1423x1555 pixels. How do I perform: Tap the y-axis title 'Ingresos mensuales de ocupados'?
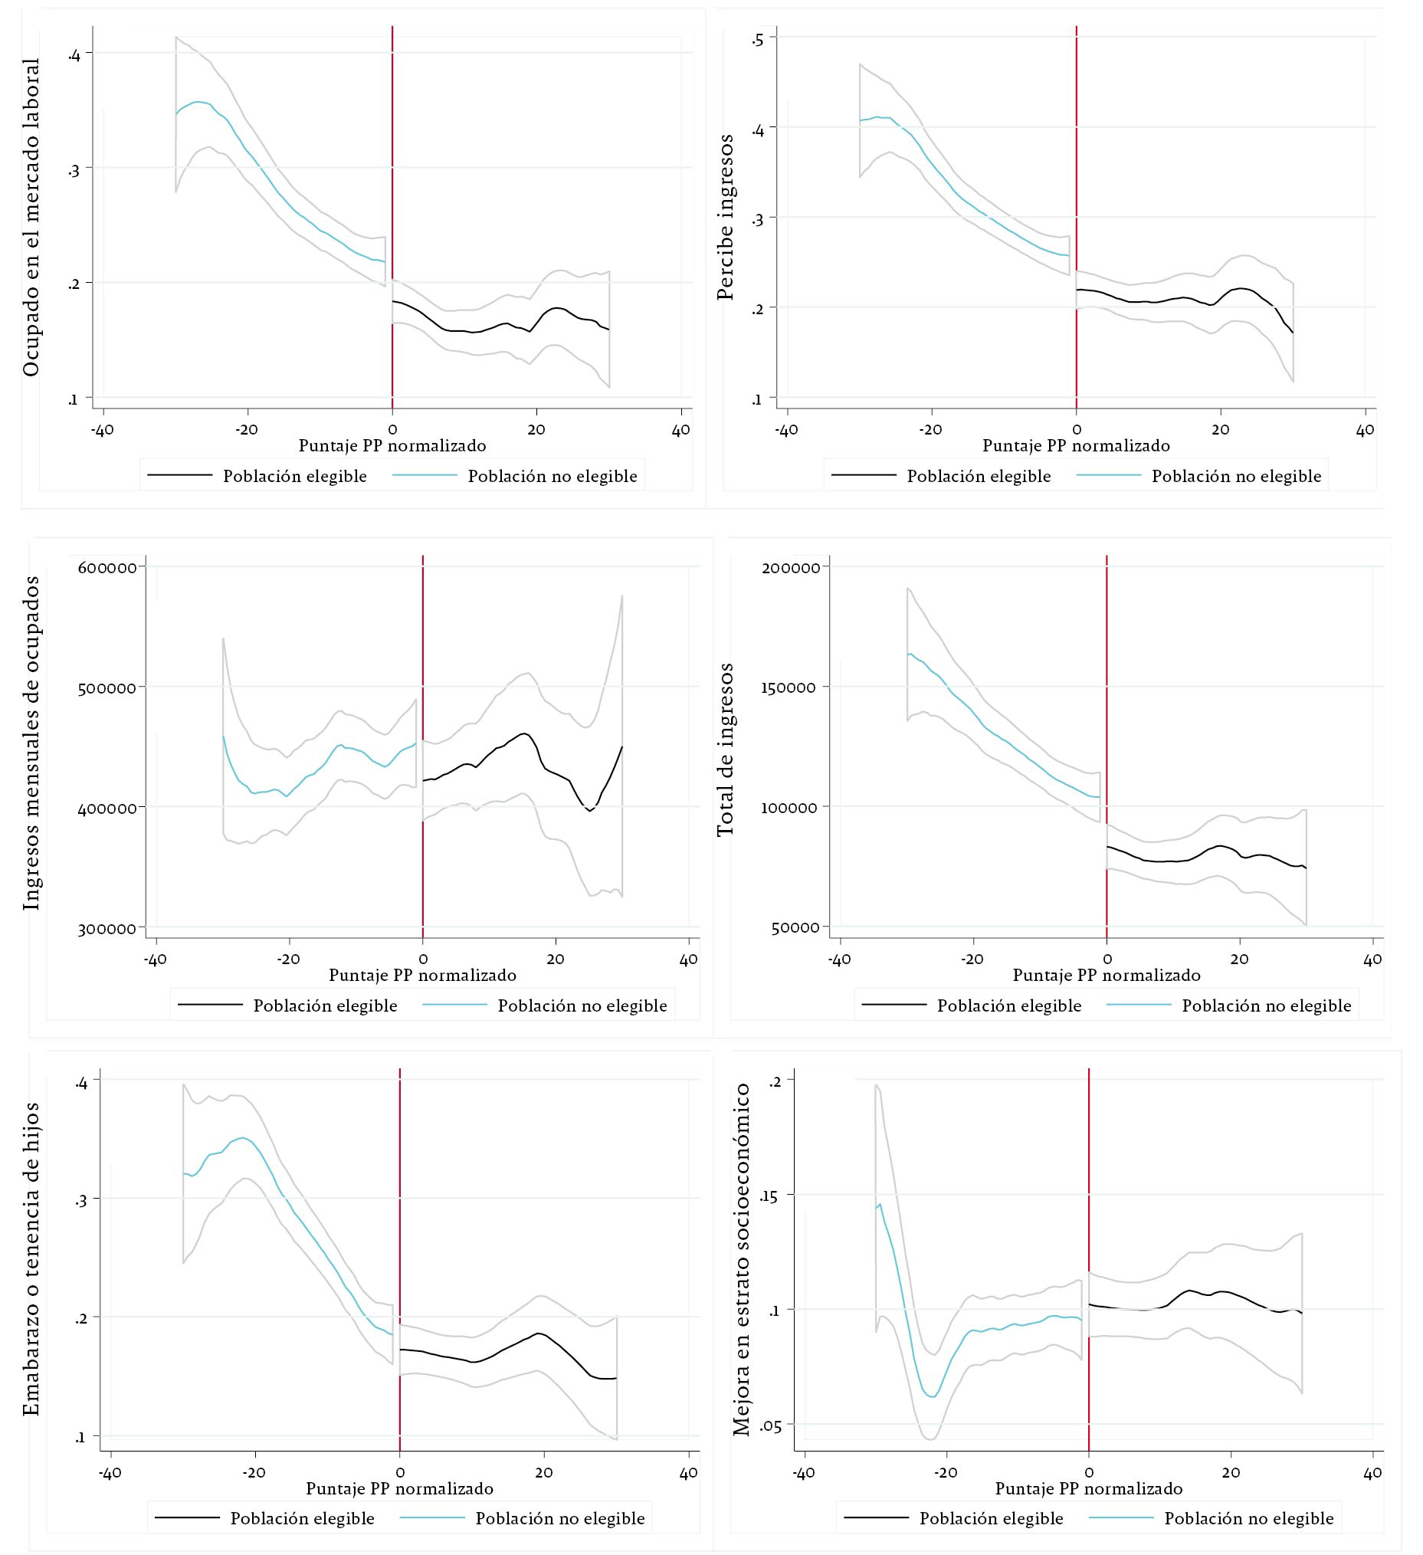coord(31,744)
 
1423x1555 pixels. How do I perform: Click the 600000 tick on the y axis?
coord(107,568)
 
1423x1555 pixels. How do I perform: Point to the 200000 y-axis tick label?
coord(791,568)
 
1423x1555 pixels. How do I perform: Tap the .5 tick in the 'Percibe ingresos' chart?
coord(758,38)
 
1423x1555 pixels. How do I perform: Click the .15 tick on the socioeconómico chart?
coord(769,1197)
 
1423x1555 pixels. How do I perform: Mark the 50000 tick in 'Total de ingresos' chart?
coord(795,927)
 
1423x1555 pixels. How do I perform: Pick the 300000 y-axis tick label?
coord(107,928)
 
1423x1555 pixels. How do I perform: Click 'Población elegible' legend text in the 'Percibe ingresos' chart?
coord(979,477)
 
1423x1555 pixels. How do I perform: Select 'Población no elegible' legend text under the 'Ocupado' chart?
coord(552,477)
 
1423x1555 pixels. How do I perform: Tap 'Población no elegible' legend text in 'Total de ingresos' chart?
coord(1267,1006)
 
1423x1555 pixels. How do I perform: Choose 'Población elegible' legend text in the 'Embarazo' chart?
coord(303,1519)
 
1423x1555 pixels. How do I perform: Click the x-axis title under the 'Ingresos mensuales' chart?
coord(423,975)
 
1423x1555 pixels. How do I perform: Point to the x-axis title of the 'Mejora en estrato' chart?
coord(1088,1488)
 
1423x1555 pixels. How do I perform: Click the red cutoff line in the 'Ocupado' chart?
coord(392,216)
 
